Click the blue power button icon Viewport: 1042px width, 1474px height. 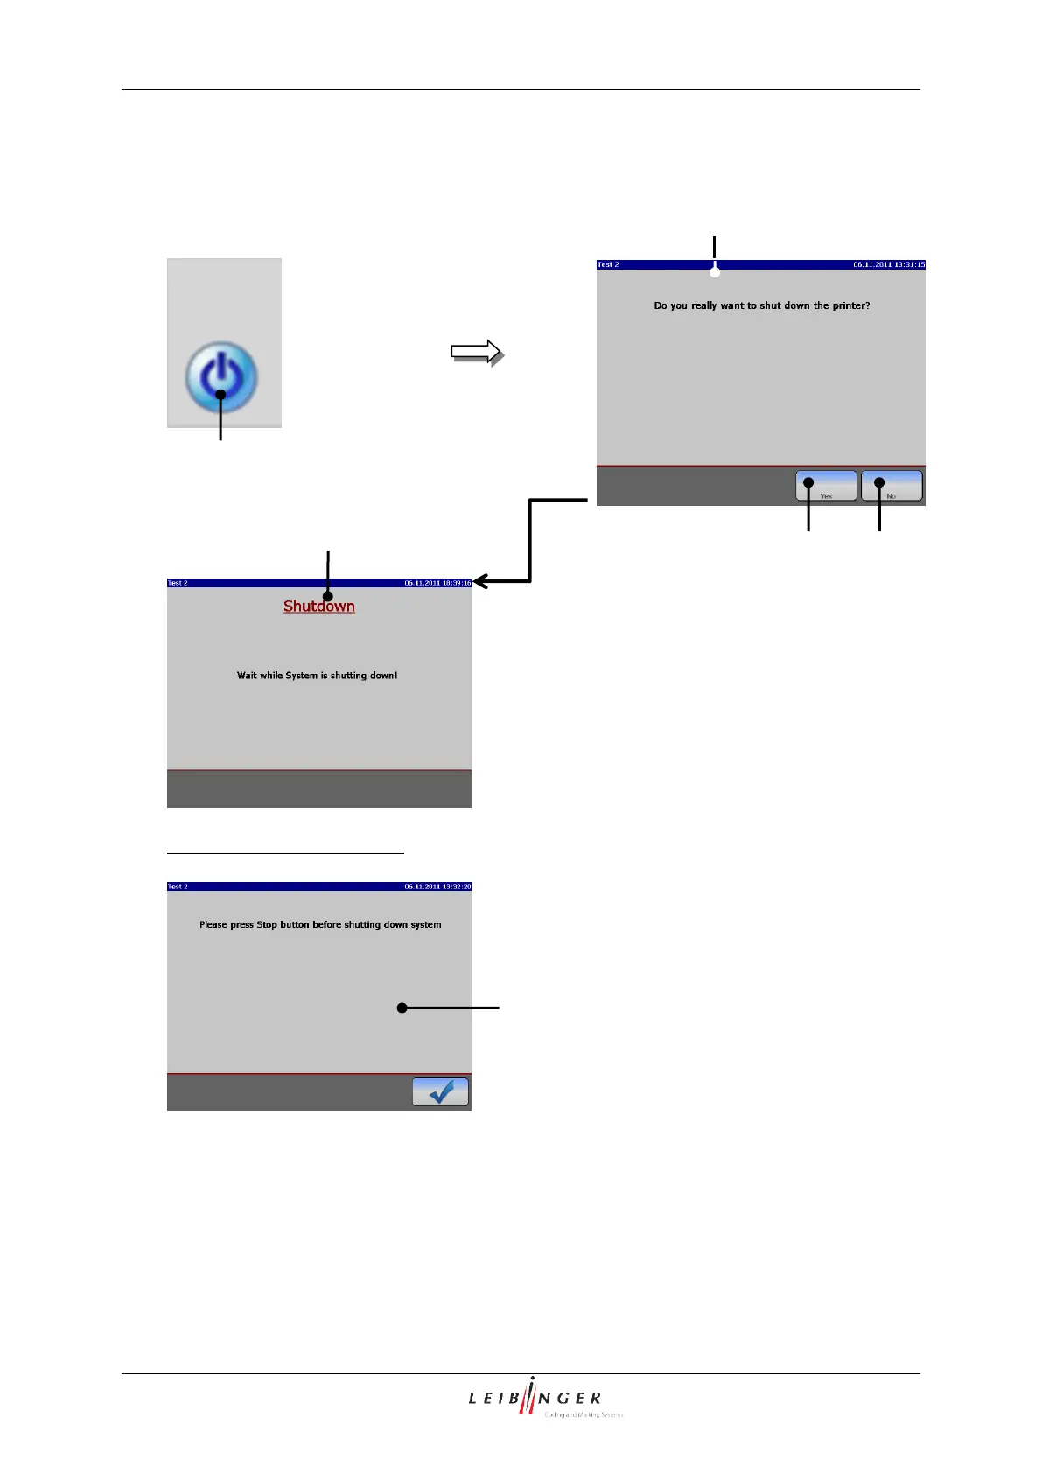coord(221,377)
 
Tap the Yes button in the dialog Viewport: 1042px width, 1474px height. coord(826,486)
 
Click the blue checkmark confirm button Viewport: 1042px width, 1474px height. coord(440,1091)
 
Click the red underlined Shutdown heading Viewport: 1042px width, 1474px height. coord(319,607)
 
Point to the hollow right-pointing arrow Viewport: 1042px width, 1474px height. coord(476,352)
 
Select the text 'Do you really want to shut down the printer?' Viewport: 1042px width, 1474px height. coord(761,305)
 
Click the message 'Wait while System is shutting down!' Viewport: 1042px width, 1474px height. coord(317,676)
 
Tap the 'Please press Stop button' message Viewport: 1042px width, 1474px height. coord(320,924)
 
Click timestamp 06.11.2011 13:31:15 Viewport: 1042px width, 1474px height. coord(888,264)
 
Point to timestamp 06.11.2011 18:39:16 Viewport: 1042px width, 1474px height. coord(437,583)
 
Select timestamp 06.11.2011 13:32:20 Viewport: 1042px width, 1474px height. coord(437,887)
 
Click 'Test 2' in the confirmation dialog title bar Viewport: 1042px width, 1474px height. coord(608,264)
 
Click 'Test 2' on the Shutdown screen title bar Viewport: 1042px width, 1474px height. coord(178,583)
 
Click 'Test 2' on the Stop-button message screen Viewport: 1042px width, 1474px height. coord(178,887)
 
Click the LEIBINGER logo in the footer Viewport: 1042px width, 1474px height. coord(535,1398)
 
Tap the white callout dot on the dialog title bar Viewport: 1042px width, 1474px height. coord(715,272)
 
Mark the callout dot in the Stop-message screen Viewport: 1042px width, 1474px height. coord(402,1008)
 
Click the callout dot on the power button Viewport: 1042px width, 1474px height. coord(220,395)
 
